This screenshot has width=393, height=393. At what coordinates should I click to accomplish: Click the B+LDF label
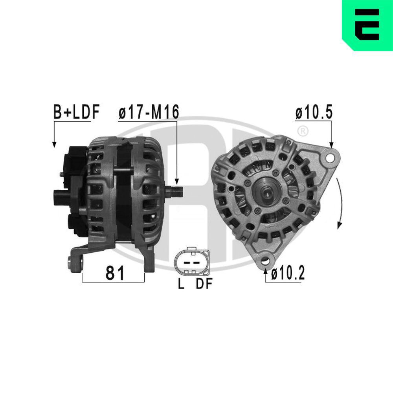(x=77, y=112)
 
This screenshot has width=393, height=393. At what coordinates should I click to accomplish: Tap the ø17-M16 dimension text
(x=149, y=112)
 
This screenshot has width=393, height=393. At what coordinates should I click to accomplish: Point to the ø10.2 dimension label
(x=287, y=273)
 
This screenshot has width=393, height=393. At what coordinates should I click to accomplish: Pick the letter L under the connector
(x=181, y=285)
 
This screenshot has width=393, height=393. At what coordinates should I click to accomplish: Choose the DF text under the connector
(x=204, y=285)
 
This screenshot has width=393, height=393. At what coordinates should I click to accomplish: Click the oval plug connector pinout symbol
(x=192, y=262)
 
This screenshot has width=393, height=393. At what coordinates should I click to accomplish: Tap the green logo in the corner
(x=367, y=25)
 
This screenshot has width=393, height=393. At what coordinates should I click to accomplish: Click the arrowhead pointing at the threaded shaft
(x=177, y=182)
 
